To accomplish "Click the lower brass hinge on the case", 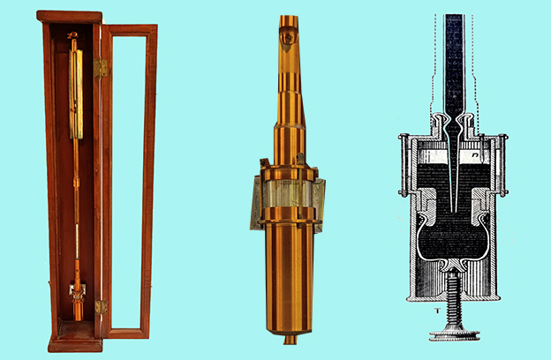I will click(x=101, y=307).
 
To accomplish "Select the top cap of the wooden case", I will click(x=70, y=16).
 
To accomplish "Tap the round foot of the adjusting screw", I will click(x=455, y=334).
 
